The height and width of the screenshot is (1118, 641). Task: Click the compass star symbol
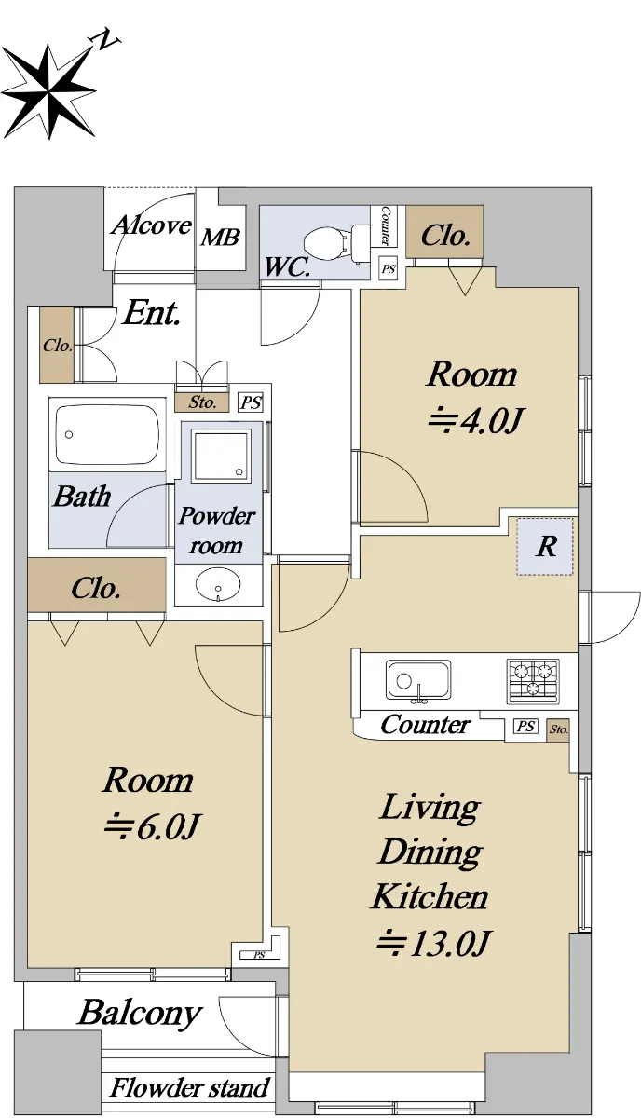[x=48, y=92]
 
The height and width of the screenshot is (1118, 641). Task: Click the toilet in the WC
[x=335, y=242]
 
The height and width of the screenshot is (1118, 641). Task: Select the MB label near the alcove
[x=221, y=238]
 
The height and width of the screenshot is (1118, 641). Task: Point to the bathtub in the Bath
[x=107, y=434]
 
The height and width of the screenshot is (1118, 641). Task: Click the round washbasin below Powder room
[x=218, y=584]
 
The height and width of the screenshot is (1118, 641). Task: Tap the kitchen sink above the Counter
[x=418, y=680]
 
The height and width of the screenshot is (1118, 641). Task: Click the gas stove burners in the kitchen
[x=533, y=681]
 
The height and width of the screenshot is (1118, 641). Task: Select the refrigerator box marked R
[x=545, y=547]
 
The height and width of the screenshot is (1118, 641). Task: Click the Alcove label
[x=151, y=225]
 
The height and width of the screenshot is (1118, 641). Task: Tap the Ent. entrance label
[x=152, y=313]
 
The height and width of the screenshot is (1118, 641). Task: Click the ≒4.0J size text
[x=475, y=421]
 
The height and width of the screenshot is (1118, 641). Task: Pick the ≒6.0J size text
[x=152, y=827]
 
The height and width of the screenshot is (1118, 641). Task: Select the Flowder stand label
[x=190, y=1087]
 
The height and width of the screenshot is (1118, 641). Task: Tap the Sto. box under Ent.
[x=202, y=402]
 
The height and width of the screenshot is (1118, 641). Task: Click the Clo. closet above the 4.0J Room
[x=444, y=232]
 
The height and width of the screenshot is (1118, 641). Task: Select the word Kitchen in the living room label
[x=430, y=895]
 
